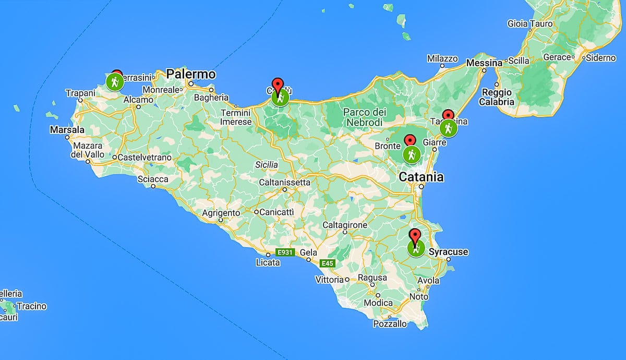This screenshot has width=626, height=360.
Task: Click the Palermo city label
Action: [191, 74]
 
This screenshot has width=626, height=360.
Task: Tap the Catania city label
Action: [421, 177]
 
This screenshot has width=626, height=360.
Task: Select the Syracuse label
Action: [448, 252]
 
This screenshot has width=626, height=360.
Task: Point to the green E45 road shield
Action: [327, 263]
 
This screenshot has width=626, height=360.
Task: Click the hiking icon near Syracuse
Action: [416, 248]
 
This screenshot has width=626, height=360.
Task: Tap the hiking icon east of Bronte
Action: [412, 154]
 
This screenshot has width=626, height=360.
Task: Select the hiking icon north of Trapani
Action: [115, 82]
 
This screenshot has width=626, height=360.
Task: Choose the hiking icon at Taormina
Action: [448, 128]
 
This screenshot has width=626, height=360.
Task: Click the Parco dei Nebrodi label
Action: [365, 117]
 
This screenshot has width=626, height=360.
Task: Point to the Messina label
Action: [484, 63]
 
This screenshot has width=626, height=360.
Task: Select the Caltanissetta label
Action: [284, 182]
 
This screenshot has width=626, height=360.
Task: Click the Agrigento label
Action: [221, 213]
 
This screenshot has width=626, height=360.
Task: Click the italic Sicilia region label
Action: [266, 165]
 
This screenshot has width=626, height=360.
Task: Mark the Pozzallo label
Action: [390, 324]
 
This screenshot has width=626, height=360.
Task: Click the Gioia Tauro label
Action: [529, 23]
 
